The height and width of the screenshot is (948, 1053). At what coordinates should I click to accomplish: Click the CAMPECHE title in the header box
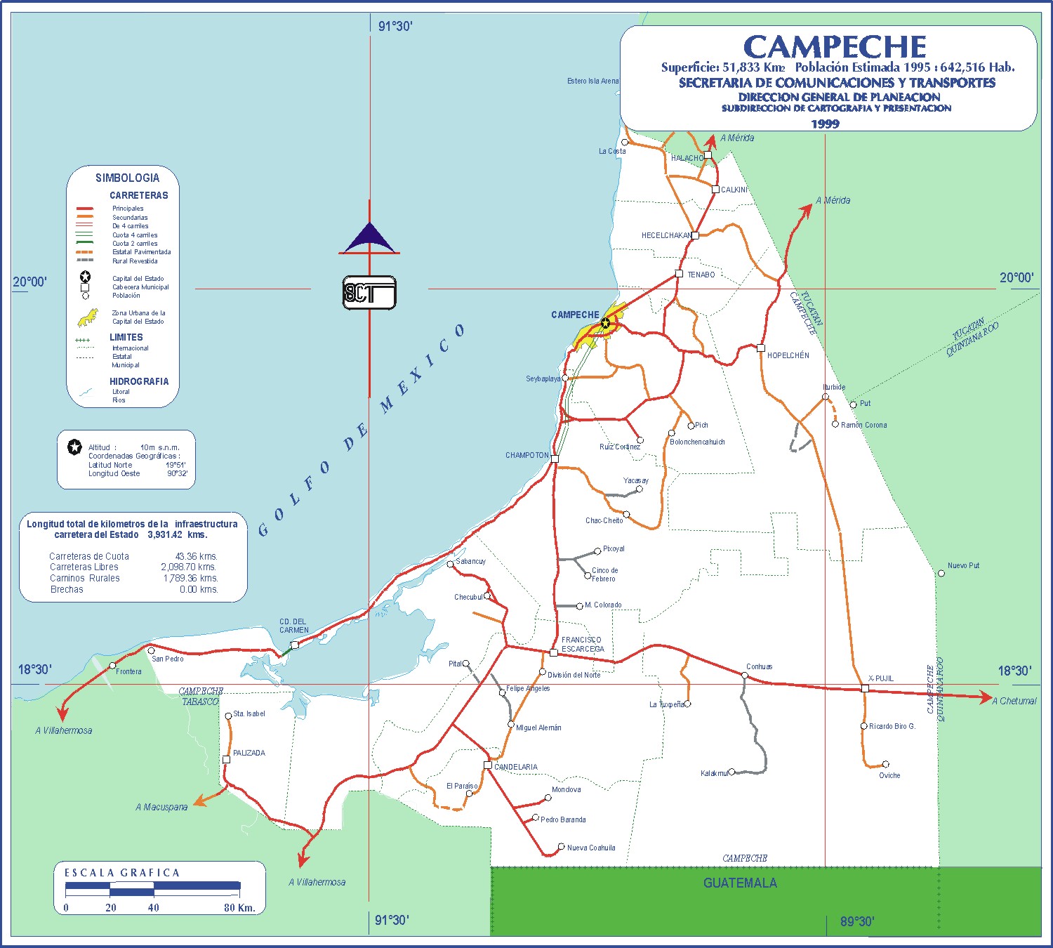pyautogui.click(x=835, y=47)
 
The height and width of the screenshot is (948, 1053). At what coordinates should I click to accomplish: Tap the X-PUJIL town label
pyautogui.click(x=880, y=678)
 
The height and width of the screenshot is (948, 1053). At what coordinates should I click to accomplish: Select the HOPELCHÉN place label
pyautogui.click(x=788, y=355)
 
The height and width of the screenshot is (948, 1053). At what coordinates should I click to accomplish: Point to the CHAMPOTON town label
pyautogui.click(x=526, y=455)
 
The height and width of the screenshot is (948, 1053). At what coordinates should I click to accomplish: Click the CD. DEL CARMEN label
pyautogui.click(x=293, y=626)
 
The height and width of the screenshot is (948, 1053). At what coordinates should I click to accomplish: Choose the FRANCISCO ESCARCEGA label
pyautogui.click(x=582, y=645)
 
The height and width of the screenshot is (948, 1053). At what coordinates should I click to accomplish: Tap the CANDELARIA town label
pyautogui.click(x=516, y=767)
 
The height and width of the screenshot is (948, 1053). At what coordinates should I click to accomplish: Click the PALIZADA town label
pyautogui.click(x=249, y=753)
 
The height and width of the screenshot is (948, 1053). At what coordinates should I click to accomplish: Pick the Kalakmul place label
pyautogui.click(x=714, y=773)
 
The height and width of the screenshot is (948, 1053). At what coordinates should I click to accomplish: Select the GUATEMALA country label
pyautogui.click(x=740, y=883)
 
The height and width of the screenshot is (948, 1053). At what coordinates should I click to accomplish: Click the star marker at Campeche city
pyautogui.click(x=605, y=323)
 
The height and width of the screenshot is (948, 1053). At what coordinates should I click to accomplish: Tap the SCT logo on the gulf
pyautogui.click(x=369, y=294)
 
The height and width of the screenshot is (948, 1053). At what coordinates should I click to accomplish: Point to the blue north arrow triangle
pyautogui.click(x=369, y=238)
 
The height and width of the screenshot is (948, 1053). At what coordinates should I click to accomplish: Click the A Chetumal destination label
pyautogui.click(x=1014, y=701)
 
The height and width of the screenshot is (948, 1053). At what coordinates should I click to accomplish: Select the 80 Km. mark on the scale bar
pyautogui.click(x=239, y=907)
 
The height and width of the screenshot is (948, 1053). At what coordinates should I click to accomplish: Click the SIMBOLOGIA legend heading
pyautogui.click(x=127, y=178)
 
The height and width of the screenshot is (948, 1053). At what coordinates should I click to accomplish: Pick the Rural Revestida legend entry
pyautogui.click(x=135, y=261)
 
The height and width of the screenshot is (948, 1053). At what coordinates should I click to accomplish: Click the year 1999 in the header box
pyautogui.click(x=825, y=124)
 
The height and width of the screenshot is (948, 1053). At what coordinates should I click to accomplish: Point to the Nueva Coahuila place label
pyautogui.click(x=591, y=848)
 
